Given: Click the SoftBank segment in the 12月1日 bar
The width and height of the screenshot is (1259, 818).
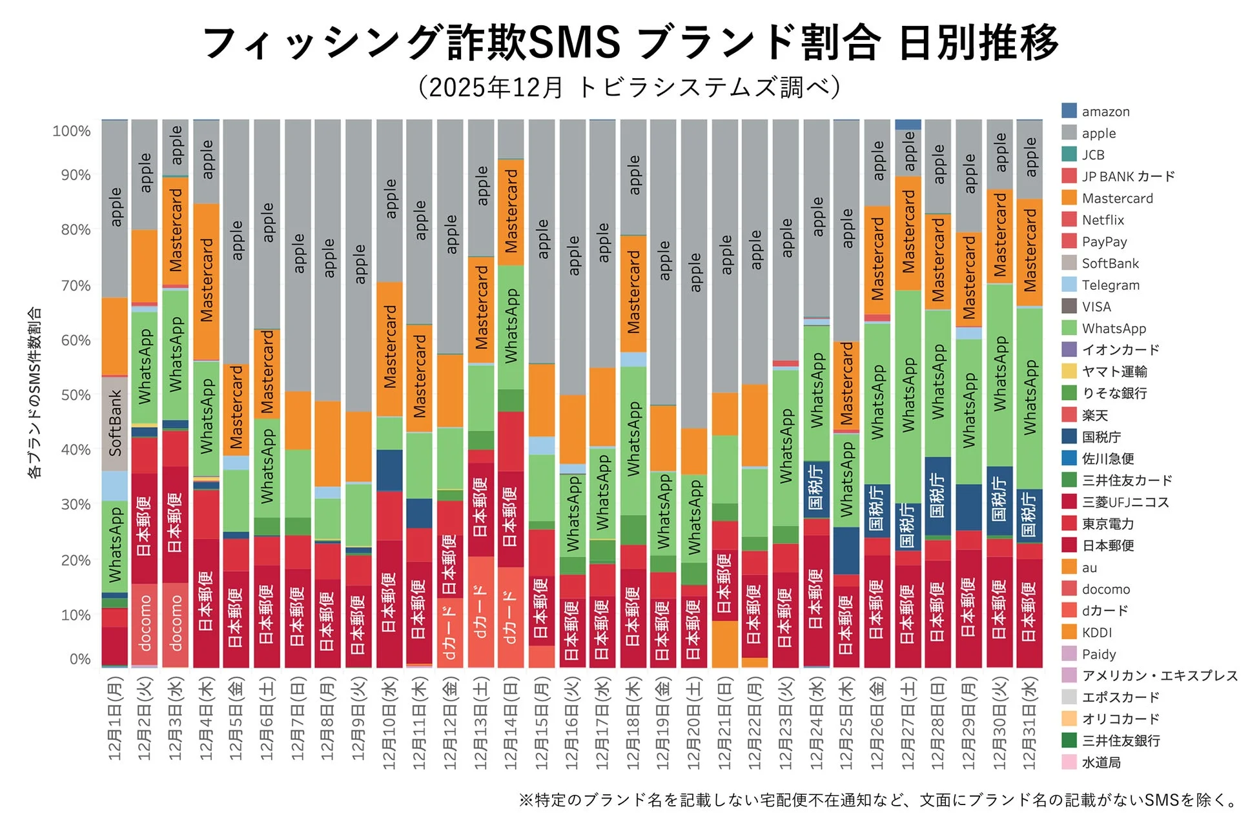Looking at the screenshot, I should [115, 423].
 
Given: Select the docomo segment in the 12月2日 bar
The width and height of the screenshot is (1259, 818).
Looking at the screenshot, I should [145, 622].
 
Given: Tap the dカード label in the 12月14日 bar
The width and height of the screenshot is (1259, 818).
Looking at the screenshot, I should [511, 617].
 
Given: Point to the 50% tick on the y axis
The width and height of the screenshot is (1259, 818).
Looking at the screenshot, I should [76, 395].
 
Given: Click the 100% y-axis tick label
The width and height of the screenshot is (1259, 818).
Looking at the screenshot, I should [72, 131].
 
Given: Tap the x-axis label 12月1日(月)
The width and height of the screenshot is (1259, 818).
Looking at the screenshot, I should [115, 718].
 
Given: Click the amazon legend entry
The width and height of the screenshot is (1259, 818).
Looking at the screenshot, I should [1105, 112].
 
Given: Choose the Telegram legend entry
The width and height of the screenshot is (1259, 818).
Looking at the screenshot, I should [1110, 285].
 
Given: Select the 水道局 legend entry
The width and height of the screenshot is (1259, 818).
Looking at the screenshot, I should [1101, 762].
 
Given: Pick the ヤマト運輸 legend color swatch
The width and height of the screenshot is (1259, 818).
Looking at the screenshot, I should [1069, 371].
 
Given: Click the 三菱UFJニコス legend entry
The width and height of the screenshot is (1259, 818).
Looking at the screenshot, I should [1125, 502].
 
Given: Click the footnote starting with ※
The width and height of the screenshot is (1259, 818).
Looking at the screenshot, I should [879, 801].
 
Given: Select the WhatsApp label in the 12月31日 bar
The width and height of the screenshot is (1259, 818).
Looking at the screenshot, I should [1030, 397].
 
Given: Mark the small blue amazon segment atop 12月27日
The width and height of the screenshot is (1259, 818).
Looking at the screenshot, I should [908, 125].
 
